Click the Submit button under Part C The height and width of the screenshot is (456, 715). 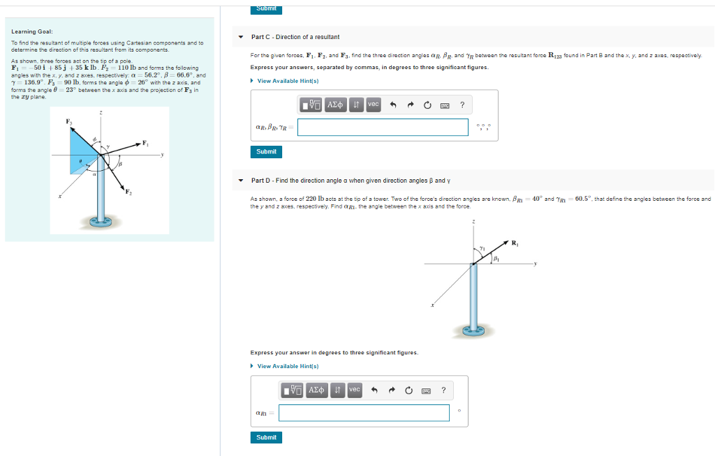[x=266, y=151]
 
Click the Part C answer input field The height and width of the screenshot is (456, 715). [x=383, y=127]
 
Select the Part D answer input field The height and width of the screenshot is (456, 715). [x=364, y=413]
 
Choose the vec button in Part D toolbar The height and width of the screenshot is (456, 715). [x=355, y=390]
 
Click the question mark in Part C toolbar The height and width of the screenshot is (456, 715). [x=462, y=105]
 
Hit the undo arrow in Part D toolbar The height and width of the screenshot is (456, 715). [x=374, y=390]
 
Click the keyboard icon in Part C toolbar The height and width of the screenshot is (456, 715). [x=443, y=105]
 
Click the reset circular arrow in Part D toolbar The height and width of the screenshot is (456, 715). [x=408, y=390]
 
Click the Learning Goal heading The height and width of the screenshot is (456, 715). [x=31, y=31]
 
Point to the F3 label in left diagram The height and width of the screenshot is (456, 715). [x=68, y=122]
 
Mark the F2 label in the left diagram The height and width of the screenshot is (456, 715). [x=129, y=192]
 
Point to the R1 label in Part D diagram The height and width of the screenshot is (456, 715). [x=515, y=243]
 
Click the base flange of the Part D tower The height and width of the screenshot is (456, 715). [x=474, y=328]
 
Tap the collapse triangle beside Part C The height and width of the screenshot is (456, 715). [x=241, y=37]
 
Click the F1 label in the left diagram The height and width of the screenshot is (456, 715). [x=145, y=143]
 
